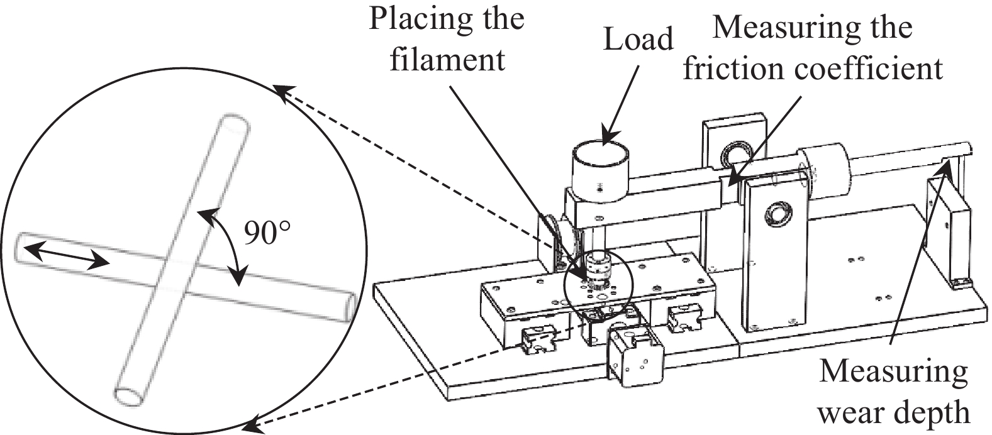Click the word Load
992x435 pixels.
coord(638,39)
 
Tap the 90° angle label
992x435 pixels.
coord(267,233)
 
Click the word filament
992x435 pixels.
coord(447,60)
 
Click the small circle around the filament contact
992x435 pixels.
coord(597,284)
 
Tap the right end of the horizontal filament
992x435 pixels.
coord(350,307)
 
